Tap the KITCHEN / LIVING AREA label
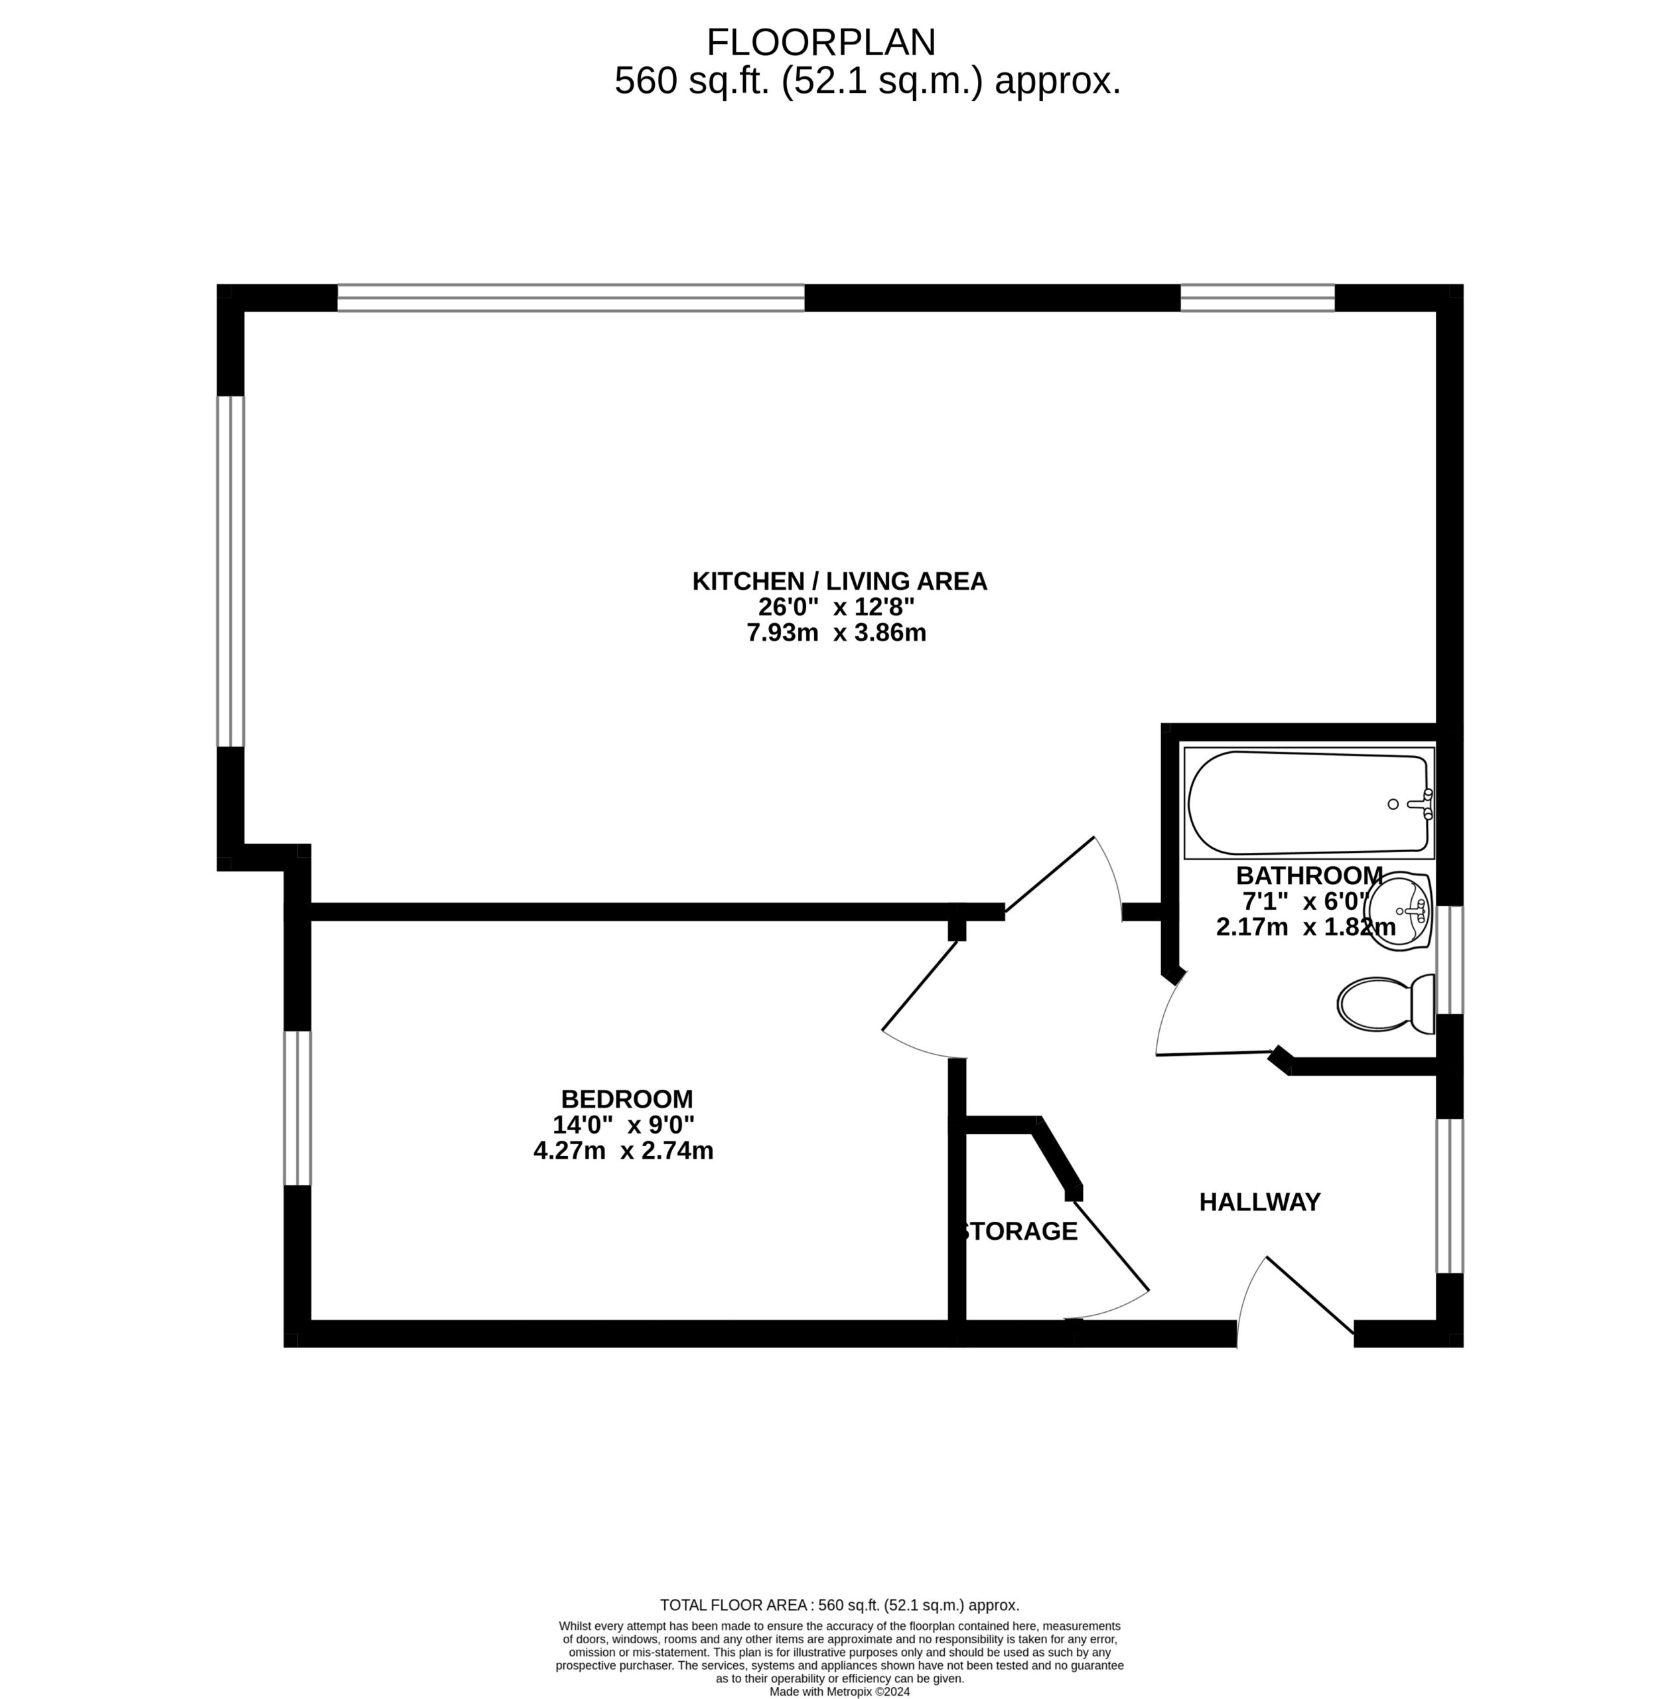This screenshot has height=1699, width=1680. tap(839, 581)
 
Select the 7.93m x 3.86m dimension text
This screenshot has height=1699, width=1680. tap(836, 632)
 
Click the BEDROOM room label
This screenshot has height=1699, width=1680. tap(627, 1099)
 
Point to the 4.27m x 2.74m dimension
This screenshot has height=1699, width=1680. tap(623, 1150)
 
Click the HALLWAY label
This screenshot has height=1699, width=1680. tap(1260, 1202)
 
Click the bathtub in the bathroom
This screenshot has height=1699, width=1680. tap(1308, 803)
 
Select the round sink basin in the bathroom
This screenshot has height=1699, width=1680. tap(1399, 912)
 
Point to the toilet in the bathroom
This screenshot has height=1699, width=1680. tap(1385, 1003)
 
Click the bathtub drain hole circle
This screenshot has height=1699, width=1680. tap(1393, 804)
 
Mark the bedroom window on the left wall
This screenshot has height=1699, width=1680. tap(297, 1108)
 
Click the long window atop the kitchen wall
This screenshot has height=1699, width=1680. tap(571, 298)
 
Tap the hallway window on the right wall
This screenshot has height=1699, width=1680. tap(1450, 1196)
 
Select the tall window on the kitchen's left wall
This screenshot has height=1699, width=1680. tap(230, 571)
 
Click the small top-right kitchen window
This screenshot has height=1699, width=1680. tap(1257, 298)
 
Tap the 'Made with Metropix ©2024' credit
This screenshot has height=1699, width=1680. tap(839, 1691)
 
